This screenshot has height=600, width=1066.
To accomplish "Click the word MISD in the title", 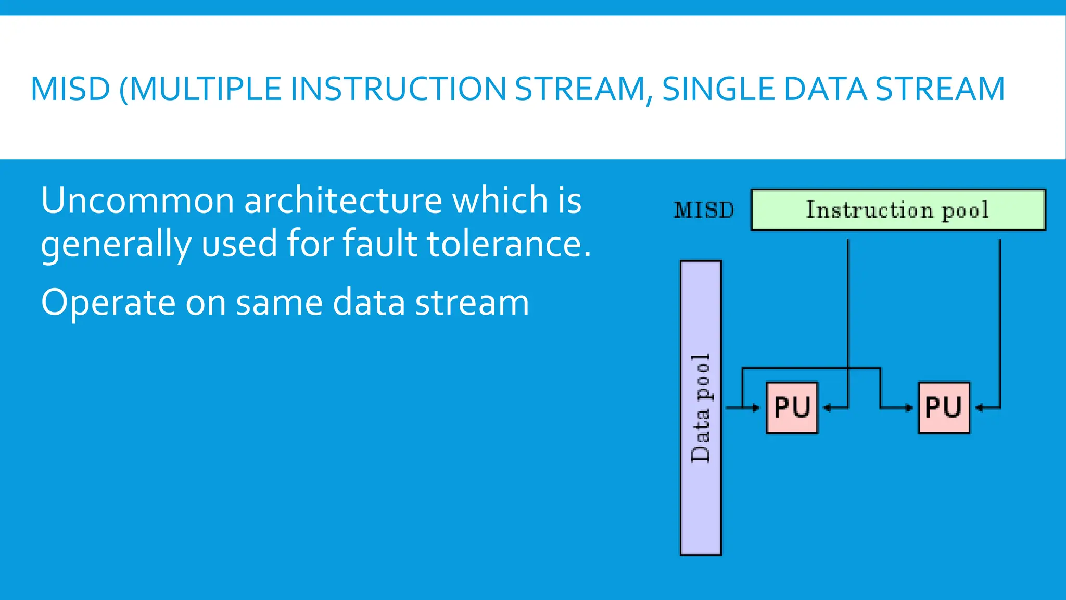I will click(70, 89).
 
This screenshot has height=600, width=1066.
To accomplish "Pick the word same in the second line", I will click(280, 303).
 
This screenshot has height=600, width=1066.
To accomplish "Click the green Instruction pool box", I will click(898, 210).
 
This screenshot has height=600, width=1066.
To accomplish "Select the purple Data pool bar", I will click(701, 408).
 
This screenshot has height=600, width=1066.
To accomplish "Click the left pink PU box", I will click(792, 408).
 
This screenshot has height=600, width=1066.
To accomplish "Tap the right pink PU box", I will click(944, 408).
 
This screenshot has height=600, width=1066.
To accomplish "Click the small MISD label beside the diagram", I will click(704, 210).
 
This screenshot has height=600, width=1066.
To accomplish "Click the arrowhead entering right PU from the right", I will click(979, 408).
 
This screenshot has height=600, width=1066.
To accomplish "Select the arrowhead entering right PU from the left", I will click(909, 408).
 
